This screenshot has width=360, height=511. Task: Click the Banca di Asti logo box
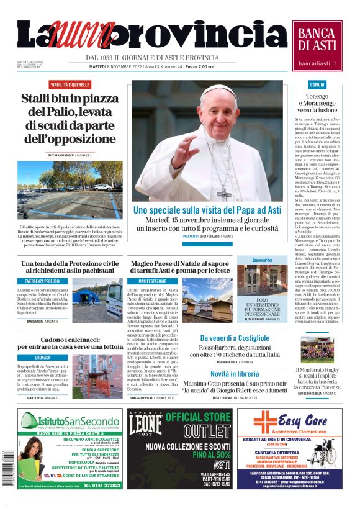tap(317, 45)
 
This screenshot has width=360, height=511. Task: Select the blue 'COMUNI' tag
tap(317, 84)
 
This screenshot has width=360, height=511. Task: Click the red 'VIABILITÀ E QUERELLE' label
tap(70, 84)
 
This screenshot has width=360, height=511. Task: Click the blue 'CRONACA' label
tap(43, 358)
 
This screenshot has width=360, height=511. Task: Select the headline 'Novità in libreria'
tap(235, 374)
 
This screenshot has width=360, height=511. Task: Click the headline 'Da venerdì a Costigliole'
tap(235, 338)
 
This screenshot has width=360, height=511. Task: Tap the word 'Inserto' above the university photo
tap(262, 260)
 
